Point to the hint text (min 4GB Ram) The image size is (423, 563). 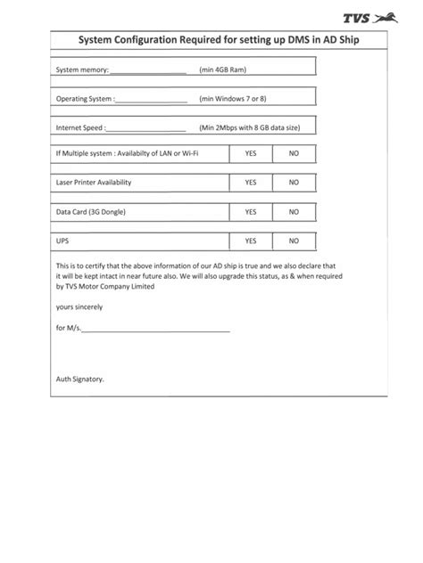(x=223, y=69)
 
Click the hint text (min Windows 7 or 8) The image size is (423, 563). (x=234, y=99)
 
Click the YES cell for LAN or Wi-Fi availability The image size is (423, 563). (x=251, y=154)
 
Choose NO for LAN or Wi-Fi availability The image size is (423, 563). (x=294, y=154)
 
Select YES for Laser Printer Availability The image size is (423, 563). (x=251, y=183)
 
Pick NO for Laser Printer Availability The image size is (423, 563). (x=294, y=183)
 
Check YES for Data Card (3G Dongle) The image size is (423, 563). (x=251, y=212)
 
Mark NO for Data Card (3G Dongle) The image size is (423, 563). (x=294, y=212)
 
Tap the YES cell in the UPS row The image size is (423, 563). (x=251, y=241)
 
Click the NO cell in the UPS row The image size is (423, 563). (x=294, y=241)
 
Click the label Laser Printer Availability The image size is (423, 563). (x=94, y=183)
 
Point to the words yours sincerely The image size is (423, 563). (x=79, y=307)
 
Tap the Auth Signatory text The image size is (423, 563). (x=80, y=379)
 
